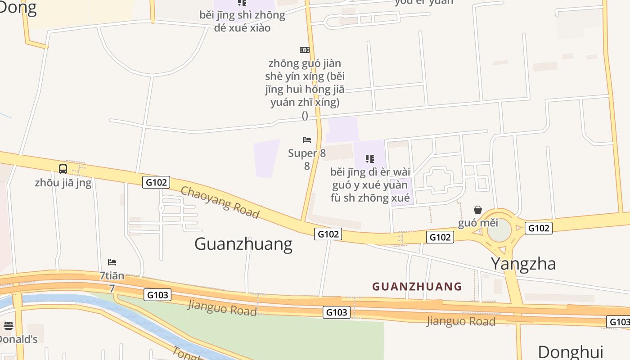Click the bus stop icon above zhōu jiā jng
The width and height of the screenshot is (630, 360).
point(63,169)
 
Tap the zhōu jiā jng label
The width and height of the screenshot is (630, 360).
point(63,183)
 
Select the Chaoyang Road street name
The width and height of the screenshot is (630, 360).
point(220,202)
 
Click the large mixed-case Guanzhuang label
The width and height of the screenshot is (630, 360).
point(243,244)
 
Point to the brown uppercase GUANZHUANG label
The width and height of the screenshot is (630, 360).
point(417,286)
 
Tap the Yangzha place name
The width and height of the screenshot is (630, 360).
point(523,264)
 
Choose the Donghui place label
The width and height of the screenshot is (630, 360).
point(570,351)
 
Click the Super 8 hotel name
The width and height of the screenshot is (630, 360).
point(307,153)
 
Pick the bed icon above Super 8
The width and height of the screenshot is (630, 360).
point(307,140)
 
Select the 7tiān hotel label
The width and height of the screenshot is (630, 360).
point(112,275)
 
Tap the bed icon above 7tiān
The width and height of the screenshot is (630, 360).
point(112,262)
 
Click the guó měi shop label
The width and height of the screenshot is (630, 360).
point(478,223)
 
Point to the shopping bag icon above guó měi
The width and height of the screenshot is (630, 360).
point(478,210)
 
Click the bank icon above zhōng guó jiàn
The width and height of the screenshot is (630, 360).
point(305,49)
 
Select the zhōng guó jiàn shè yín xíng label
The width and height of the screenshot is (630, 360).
point(305,83)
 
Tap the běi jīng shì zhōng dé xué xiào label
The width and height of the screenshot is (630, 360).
point(242,21)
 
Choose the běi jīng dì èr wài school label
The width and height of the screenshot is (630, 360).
point(370,185)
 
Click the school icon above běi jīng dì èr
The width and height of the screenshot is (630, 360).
point(370,158)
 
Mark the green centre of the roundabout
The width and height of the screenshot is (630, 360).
point(499,231)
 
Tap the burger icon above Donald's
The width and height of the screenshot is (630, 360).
point(8,325)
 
